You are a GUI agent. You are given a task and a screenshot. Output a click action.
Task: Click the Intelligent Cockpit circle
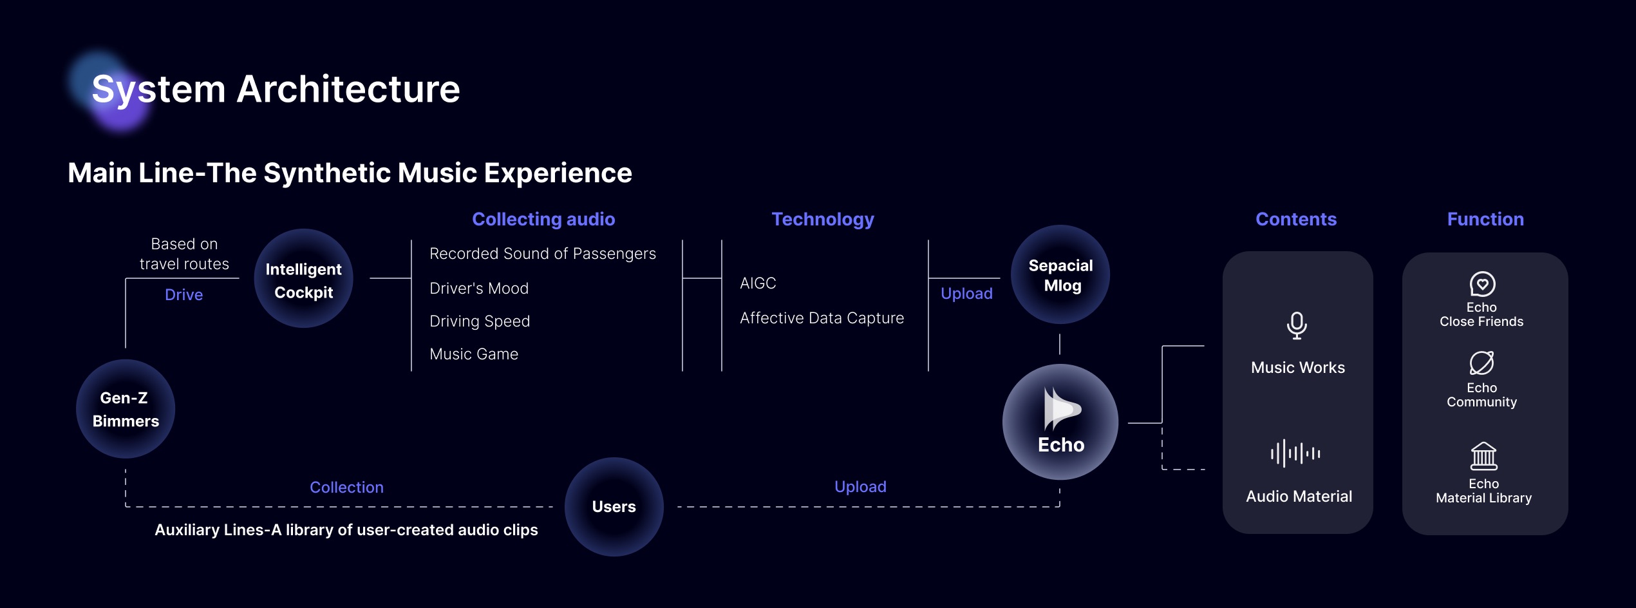pos(303,279)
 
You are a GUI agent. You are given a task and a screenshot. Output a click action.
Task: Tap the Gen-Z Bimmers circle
pos(126,409)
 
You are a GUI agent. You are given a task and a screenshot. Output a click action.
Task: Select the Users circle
pos(614,507)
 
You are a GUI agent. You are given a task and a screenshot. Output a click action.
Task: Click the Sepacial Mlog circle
pos(1060,275)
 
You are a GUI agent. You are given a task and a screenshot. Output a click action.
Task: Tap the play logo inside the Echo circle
pos(1061,409)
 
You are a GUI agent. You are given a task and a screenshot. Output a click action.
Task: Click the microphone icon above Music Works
pos(1297,325)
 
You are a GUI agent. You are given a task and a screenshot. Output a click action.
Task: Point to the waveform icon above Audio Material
pos(1295,453)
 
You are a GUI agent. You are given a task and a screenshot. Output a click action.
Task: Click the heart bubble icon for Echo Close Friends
pos(1482,284)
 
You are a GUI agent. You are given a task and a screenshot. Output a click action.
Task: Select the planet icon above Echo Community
pos(1481,363)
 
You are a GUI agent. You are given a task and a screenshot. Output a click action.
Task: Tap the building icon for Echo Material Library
pos(1483,456)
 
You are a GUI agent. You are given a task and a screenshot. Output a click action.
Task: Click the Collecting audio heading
pos(543,219)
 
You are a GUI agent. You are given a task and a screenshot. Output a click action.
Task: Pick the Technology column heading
pos(823,219)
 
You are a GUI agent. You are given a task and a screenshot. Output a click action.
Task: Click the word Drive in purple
pos(183,294)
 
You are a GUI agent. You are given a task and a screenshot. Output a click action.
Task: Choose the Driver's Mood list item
pos(479,289)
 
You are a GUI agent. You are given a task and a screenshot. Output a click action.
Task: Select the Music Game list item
pos(474,354)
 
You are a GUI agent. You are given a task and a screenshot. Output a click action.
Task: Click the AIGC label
pos(758,283)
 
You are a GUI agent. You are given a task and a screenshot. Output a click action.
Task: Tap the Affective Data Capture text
pos(822,318)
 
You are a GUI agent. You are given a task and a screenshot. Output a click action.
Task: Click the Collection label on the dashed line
pos(346,488)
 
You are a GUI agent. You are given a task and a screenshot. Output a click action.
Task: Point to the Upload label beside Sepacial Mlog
pos(966,294)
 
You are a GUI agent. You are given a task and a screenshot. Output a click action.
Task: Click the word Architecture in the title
pos(348,89)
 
